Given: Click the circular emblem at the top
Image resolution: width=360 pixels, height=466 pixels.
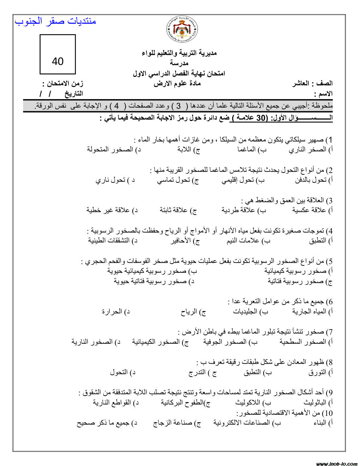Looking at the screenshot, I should tap(182, 29).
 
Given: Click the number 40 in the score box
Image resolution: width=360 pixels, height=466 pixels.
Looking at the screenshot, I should tap(58, 61).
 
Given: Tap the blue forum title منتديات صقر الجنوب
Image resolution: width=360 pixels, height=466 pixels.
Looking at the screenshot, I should tap(55, 21).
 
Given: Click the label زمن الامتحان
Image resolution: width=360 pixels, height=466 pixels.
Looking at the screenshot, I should tap(63, 84).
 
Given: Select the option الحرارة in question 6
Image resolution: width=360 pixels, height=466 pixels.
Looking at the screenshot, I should tap(112, 312).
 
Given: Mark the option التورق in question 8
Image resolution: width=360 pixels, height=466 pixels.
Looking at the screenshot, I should tap(317, 372).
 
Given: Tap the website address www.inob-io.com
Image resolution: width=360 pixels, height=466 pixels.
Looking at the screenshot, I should tap(337, 464).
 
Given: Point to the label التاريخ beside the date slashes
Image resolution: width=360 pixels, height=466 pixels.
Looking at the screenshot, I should tap(73, 94).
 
